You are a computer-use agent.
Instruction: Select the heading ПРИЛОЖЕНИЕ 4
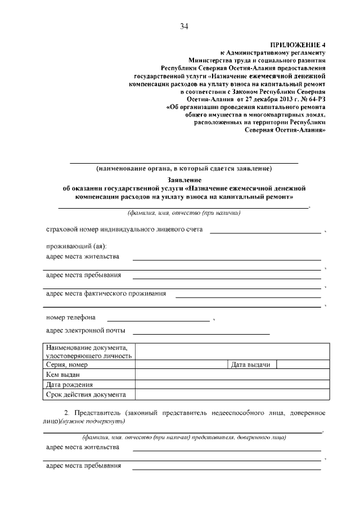[298, 44]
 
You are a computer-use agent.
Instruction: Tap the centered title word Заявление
[183, 179]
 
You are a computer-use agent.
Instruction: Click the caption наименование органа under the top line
[184, 168]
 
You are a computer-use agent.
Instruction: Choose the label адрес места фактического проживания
[106, 293]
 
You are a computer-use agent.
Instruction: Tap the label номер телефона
[70, 317]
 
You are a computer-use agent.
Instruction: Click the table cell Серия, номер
[89, 365]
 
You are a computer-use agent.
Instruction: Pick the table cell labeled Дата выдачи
[251, 365]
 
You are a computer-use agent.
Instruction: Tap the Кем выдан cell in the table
[89, 375]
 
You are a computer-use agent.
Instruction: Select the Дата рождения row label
[89, 385]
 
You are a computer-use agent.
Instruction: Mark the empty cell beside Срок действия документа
[230, 394]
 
